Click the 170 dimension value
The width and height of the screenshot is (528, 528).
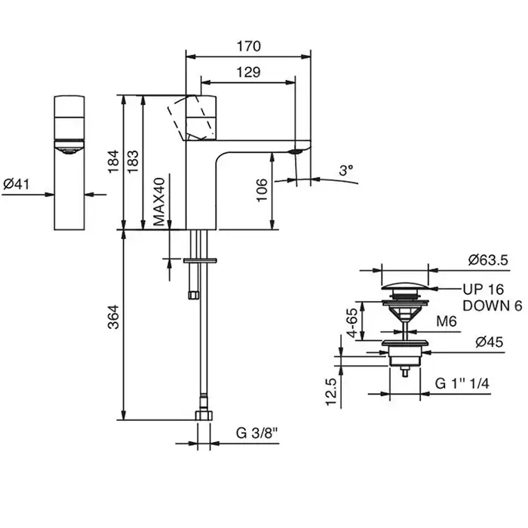(x=248, y=46)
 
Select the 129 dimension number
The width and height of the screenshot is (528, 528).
(x=248, y=72)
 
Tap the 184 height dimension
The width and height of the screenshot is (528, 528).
(x=113, y=161)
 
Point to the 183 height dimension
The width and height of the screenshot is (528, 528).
(x=133, y=161)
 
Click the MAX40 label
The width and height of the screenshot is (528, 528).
(x=159, y=201)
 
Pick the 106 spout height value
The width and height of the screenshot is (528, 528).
(x=262, y=190)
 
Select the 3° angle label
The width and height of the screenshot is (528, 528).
(x=345, y=170)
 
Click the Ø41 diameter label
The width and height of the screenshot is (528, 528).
(x=16, y=184)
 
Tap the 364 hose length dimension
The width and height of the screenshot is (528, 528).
(x=113, y=317)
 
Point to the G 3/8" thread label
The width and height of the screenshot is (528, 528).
(x=258, y=433)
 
